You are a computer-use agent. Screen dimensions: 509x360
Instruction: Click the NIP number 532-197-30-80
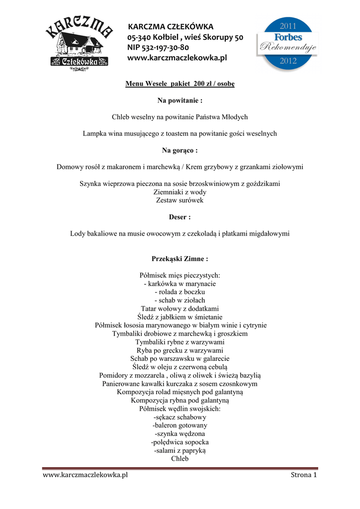tap(158, 48)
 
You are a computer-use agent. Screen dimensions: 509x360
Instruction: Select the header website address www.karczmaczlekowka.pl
tap(177, 58)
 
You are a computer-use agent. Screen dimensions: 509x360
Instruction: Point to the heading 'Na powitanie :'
tap(180, 100)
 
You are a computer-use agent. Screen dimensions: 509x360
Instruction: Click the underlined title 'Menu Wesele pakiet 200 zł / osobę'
tap(180, 84)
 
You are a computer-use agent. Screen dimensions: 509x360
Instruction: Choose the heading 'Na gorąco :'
tap(180, 150)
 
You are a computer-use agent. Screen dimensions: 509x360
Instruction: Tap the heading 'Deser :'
tap(180, 217)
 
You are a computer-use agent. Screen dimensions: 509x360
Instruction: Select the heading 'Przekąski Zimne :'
tap(180, 259)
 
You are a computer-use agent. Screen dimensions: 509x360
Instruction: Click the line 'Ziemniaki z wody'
tap(180, 192)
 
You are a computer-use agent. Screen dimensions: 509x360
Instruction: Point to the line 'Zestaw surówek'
tap(180, 200)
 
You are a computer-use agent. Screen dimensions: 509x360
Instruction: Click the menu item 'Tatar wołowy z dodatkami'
tap(180, 309)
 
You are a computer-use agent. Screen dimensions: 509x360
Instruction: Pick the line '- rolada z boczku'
tap(180, 292)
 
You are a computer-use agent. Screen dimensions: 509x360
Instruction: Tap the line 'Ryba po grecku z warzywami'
tap(180, 350)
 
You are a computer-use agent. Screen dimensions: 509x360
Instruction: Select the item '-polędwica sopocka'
tap(180, 442)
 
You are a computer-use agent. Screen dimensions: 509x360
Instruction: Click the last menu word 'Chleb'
tap(180, 459)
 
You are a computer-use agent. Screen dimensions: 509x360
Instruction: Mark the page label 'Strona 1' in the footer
tap(304, 475)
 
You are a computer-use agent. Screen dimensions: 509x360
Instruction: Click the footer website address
tap(86, 475)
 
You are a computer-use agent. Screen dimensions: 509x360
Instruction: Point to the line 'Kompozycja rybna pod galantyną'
tap(180, 400)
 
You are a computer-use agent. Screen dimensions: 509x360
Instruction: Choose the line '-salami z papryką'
tap(180, 450)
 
